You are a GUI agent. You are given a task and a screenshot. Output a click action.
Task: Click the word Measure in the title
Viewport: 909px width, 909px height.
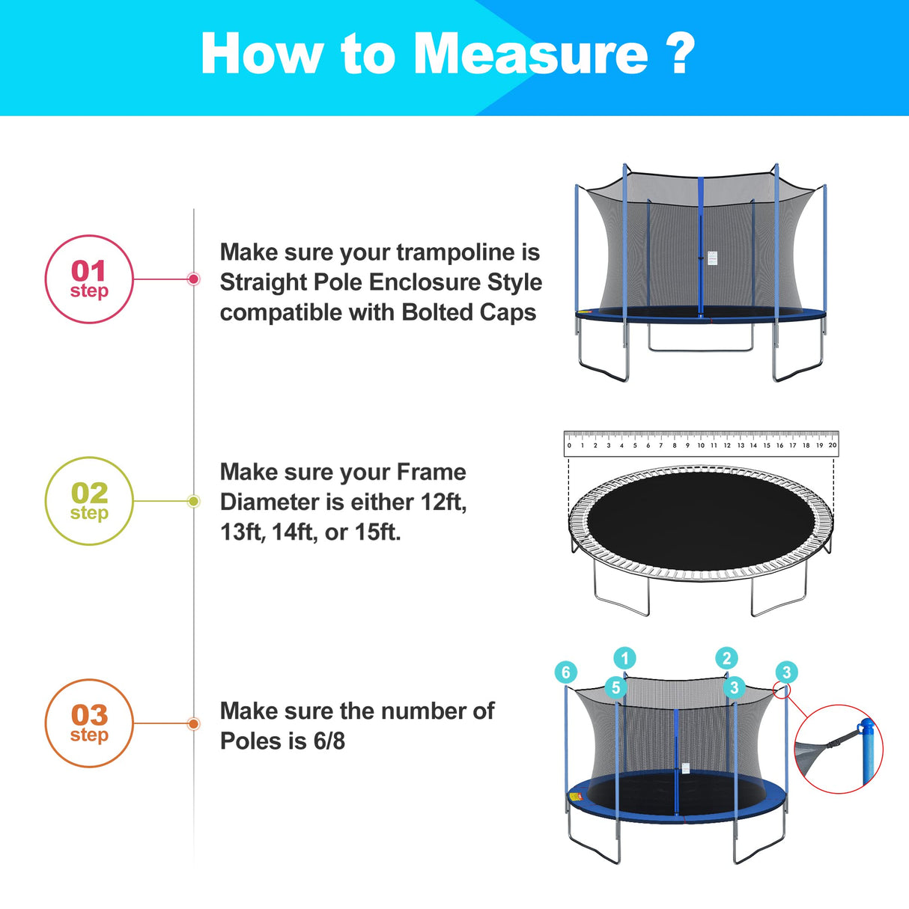click(530, 54)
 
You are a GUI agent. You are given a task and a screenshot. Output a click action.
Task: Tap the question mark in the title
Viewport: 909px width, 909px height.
click(680, 54)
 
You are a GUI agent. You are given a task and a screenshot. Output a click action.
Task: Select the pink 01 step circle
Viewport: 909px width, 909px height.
click(89, 279)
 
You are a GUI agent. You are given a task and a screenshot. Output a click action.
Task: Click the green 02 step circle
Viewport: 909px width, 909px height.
click(89, 501)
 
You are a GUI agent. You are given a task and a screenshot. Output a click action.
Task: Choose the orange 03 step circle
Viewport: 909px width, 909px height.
click(89, 723)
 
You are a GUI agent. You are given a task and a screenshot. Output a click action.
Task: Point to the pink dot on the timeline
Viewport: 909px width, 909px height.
click(193, 279)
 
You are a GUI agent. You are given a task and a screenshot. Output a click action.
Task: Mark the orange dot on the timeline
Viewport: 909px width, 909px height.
click(193, 723)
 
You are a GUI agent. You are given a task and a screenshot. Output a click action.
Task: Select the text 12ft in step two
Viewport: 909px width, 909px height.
click(443, 502)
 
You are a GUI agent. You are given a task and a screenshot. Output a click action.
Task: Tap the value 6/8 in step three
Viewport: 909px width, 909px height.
click(329, 741)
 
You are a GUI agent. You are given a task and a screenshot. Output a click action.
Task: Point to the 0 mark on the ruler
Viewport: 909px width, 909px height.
click(569, 446)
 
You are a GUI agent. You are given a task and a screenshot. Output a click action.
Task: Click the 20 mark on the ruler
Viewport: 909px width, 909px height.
click(832, 446)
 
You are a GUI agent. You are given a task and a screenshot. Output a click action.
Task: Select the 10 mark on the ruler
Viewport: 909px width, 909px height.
click(701, 446)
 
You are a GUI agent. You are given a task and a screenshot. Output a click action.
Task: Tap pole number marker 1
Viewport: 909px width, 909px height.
click(624, 659)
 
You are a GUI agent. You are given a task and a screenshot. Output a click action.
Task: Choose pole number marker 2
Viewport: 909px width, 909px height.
click(726, 659)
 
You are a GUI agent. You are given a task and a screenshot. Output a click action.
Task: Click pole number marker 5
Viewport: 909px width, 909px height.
click(615, 687)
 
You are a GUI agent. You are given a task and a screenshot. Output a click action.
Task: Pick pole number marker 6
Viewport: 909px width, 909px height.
click(566, 672)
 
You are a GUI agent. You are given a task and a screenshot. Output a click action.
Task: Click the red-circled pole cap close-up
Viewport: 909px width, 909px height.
click(839, 749)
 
